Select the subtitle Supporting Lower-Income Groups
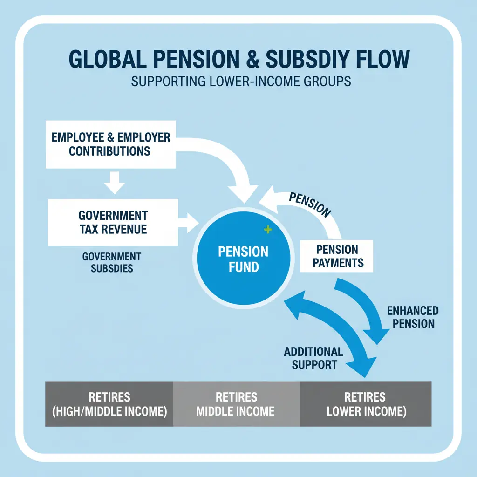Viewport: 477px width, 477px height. click(241, 81)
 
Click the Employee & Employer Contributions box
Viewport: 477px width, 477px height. click(110, 144)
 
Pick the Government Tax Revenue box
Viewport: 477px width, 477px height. click(113, 222)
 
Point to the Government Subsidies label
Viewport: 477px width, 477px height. click(111, 262)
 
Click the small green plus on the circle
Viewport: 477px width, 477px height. click(267, 229)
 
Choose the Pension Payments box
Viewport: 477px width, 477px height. click(338, 256)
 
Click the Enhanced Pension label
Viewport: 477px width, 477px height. click(413, 317)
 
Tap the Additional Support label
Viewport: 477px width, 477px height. click(313, 358)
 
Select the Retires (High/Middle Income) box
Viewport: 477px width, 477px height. click(109, 404)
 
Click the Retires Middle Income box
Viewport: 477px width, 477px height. click(236, 404)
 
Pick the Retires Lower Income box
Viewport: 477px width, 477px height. click(365, 404)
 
